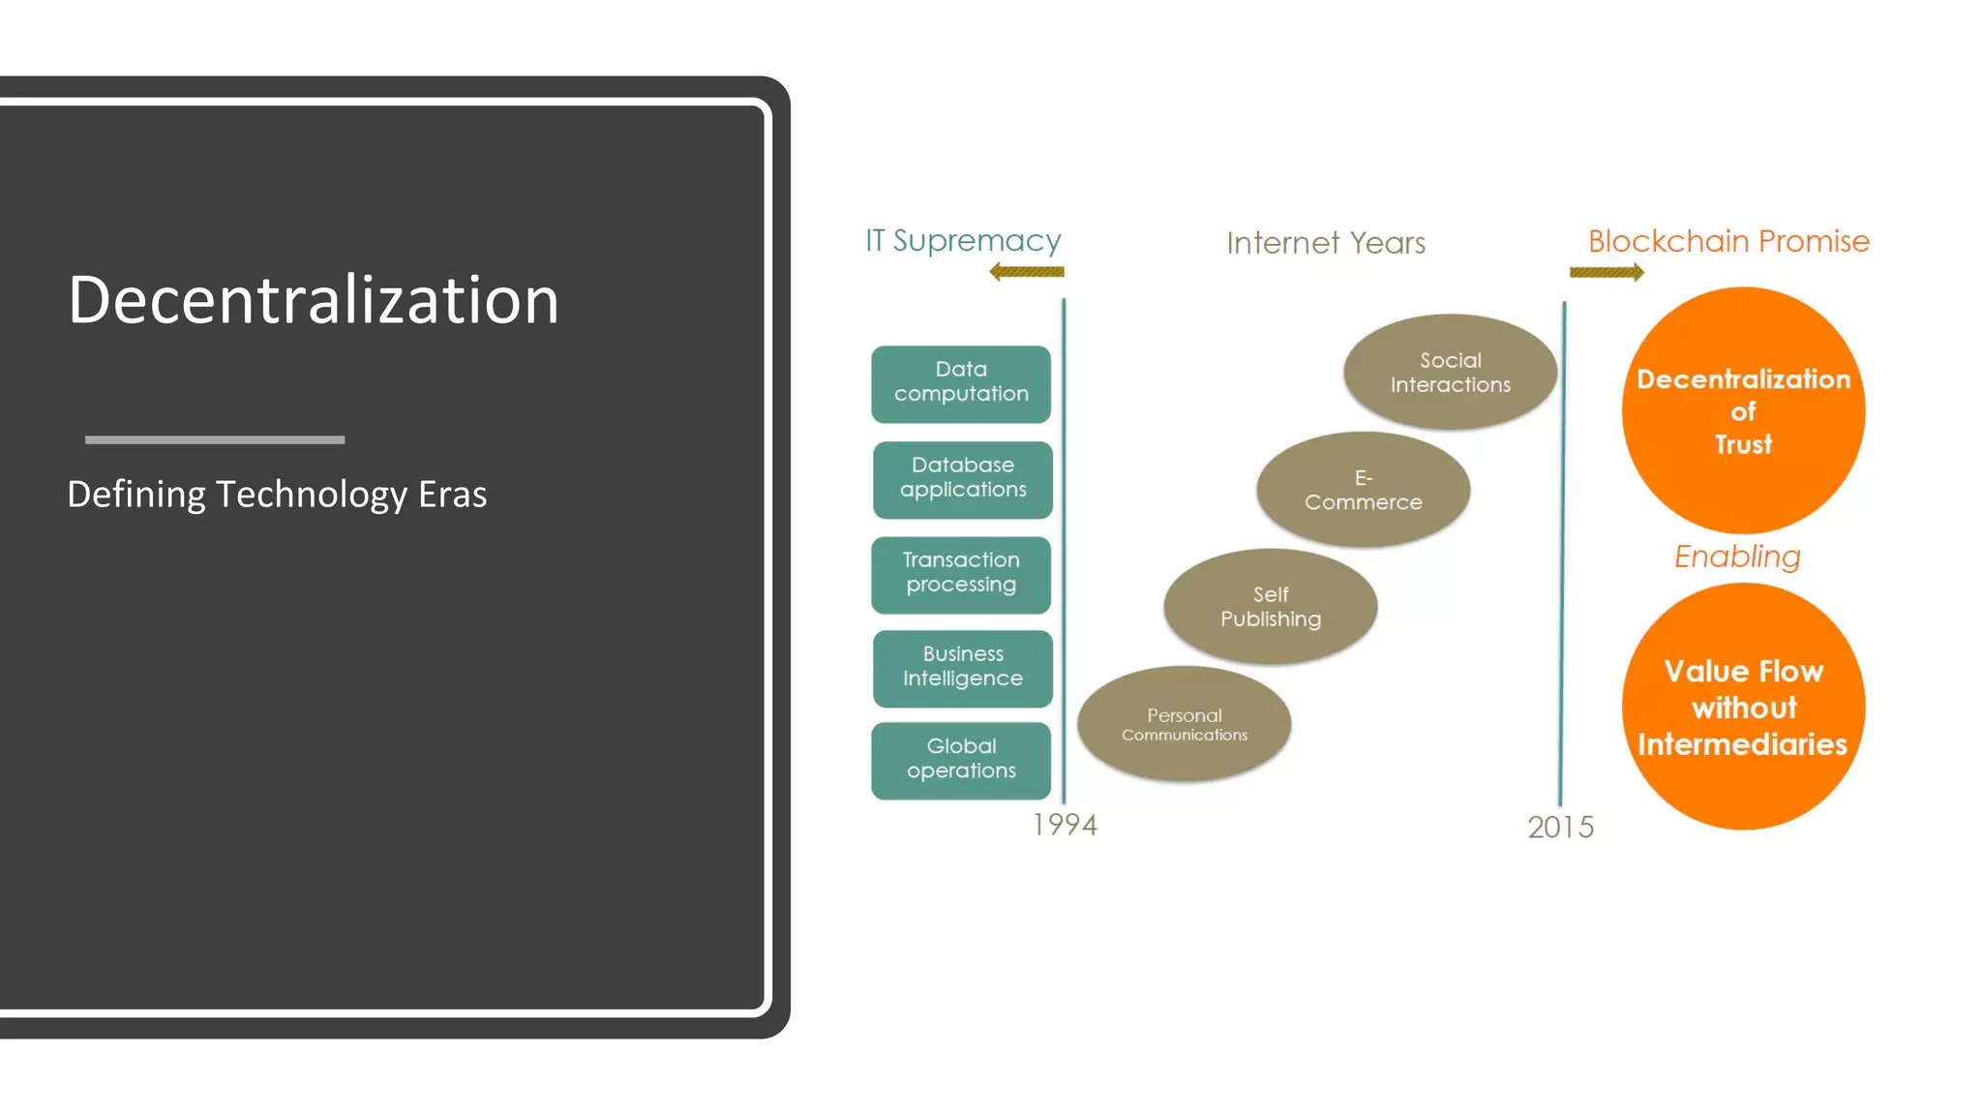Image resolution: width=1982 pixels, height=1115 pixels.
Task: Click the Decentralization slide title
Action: tap(314, 300)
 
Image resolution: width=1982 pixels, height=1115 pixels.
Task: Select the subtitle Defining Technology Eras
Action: tap(277, 495)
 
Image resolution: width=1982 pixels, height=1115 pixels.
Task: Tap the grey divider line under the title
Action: tap(215, 439)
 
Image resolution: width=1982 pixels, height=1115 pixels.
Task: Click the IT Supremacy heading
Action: tap(963, 240)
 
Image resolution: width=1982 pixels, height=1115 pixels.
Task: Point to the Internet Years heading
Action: tap(1326, 242)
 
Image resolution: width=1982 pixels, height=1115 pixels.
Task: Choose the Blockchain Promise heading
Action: tap(1728, 241)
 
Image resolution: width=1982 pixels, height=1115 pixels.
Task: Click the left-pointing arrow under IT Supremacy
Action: tap(1027, 272)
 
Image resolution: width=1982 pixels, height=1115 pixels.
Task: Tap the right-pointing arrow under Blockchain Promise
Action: tap(1607, 273)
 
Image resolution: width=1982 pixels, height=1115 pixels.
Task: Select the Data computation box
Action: tap(961, 383)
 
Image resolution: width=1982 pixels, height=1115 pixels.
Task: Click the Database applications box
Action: tap(963, 479)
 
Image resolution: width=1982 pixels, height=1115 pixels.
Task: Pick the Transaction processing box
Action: tap(961, 574)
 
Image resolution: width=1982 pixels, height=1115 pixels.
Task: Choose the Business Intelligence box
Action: tap(963, 668)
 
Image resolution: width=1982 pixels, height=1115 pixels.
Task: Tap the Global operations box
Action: tap(961, 760)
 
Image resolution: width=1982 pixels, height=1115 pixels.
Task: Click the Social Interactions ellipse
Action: tap(1450, 373)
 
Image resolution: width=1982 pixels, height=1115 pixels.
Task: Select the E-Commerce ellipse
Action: tap(1363, 490)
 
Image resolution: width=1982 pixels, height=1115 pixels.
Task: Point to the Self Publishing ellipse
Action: tap(1270, 607)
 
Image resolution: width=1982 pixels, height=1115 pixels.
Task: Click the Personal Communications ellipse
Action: tap(1184, 724)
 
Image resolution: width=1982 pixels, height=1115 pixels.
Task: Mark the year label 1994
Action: tap(1065, 825)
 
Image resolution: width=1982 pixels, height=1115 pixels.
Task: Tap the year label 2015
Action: tap(1560, 828)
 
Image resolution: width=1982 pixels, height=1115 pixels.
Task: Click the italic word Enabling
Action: tap(1737, 557)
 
